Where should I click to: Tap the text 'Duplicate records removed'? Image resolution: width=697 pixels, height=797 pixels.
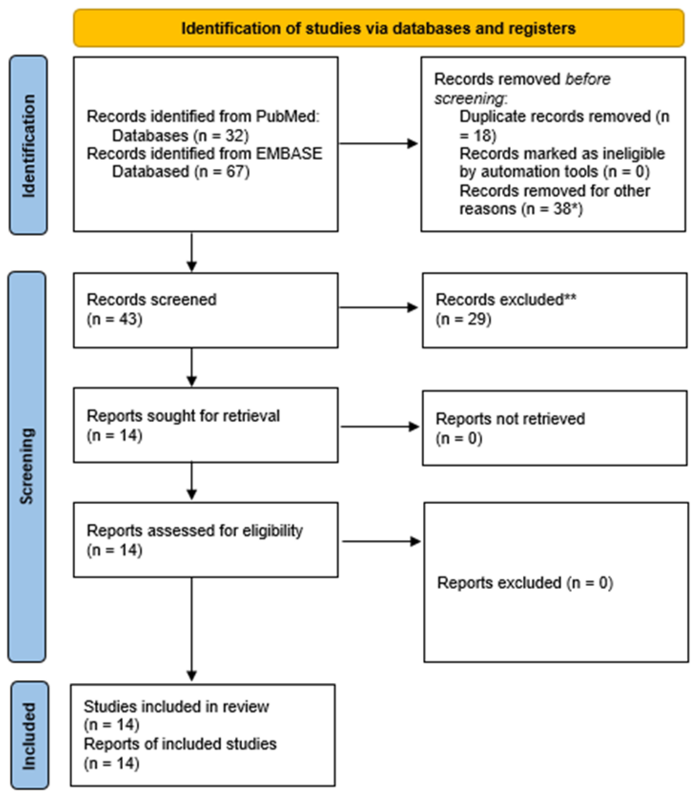pos(555,116)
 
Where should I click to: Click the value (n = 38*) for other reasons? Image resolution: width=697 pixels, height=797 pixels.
pos(554,209)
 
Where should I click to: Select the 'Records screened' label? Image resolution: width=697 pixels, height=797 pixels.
pos(151,299)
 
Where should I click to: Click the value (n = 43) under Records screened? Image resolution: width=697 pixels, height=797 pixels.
pos(114,319)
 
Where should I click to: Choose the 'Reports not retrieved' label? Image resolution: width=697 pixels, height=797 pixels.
pos(510,419)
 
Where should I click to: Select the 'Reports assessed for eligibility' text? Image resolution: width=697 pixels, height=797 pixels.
pos(195,530)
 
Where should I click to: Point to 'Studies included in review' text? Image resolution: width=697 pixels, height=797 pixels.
pos(176,706)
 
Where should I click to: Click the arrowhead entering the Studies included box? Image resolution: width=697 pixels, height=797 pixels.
pos(191,676)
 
